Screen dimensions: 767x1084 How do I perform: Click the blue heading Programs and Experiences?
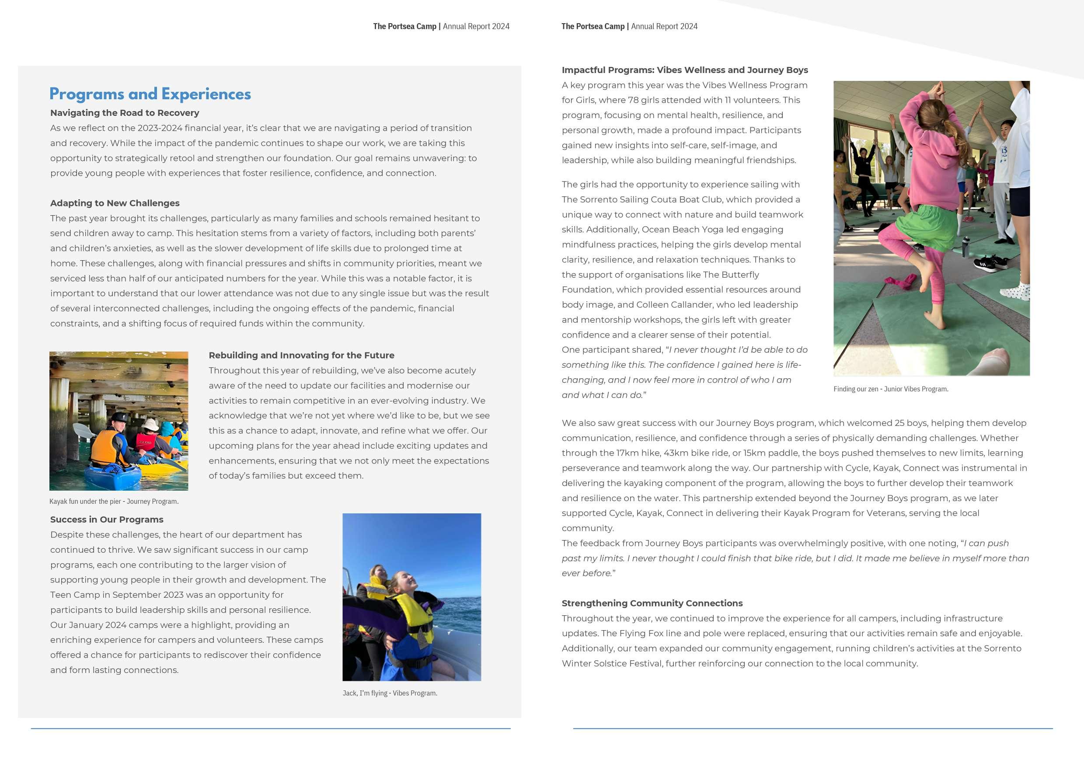[150, 94]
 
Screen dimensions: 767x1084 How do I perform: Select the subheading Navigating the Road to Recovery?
[125, 113]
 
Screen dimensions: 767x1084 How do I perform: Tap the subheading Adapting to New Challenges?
[115, 203]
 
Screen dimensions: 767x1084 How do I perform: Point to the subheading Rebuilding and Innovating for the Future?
[301, 355]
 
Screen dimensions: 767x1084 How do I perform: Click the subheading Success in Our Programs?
[107, 519]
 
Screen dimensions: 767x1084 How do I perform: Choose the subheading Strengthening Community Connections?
[652, 603]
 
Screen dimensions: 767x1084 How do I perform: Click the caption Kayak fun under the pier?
[114, 502]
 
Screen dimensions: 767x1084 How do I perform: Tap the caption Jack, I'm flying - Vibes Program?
[390, 694]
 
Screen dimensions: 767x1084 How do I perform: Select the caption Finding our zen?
[890, 389]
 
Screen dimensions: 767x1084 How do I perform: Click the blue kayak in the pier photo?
[113, 477]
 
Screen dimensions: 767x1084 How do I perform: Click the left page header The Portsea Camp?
[404, 26]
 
